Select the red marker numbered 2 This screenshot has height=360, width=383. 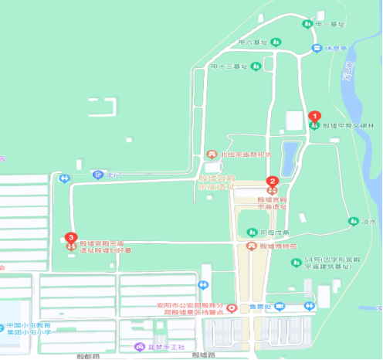[x=272, y=183]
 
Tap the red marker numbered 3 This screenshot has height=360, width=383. [x=71, y=239]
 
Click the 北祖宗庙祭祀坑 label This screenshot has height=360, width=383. [x=246, y=155]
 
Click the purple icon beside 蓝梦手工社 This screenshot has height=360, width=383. [x=139, y=346]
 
